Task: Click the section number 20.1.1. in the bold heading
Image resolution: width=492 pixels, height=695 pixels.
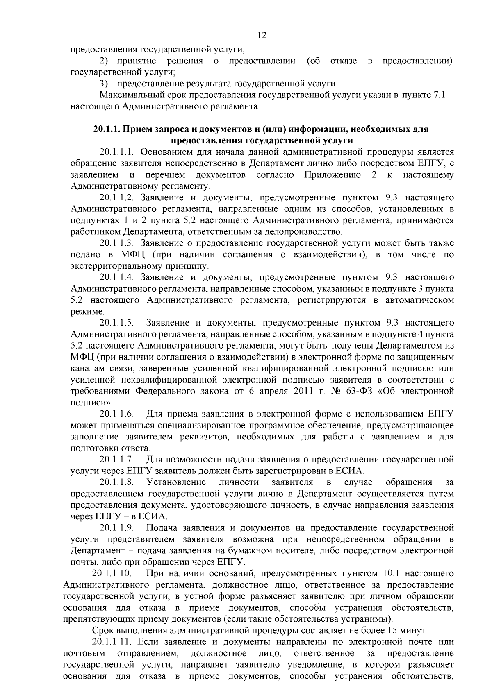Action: pyautogui.click(x=106, y=129)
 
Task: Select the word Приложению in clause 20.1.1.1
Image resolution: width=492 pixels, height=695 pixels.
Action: pyautogui.click(x=333, y=175)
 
